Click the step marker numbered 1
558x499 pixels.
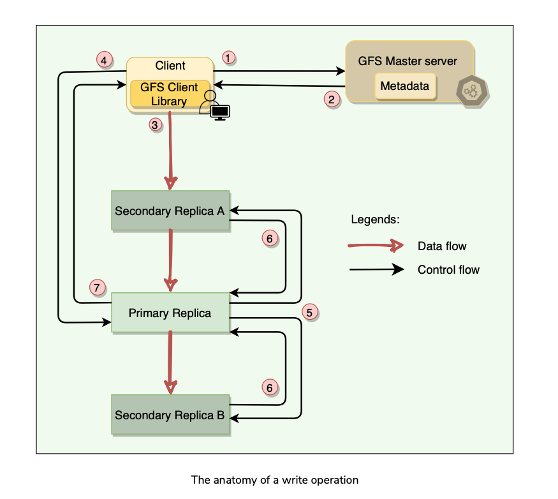[229, 57]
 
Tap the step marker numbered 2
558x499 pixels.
[330, 99]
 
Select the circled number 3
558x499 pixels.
[154, 124]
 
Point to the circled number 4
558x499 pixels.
[104, 60]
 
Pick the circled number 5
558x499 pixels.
[310, 312]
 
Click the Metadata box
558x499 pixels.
[405, 86]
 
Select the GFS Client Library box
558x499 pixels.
[169, 94]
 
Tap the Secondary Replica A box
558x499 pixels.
[170, 210]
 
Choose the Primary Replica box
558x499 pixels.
[170, 313]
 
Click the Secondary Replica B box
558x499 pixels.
[170, 415]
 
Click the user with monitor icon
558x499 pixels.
[215, 107]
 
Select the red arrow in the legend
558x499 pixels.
[375, 246]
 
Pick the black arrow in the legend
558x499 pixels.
[376, 269]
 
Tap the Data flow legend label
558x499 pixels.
[442, 246]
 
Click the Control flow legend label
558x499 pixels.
[448, 269]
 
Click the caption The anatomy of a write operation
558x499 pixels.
[275, 480]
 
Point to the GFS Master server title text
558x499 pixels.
[407, 61]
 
